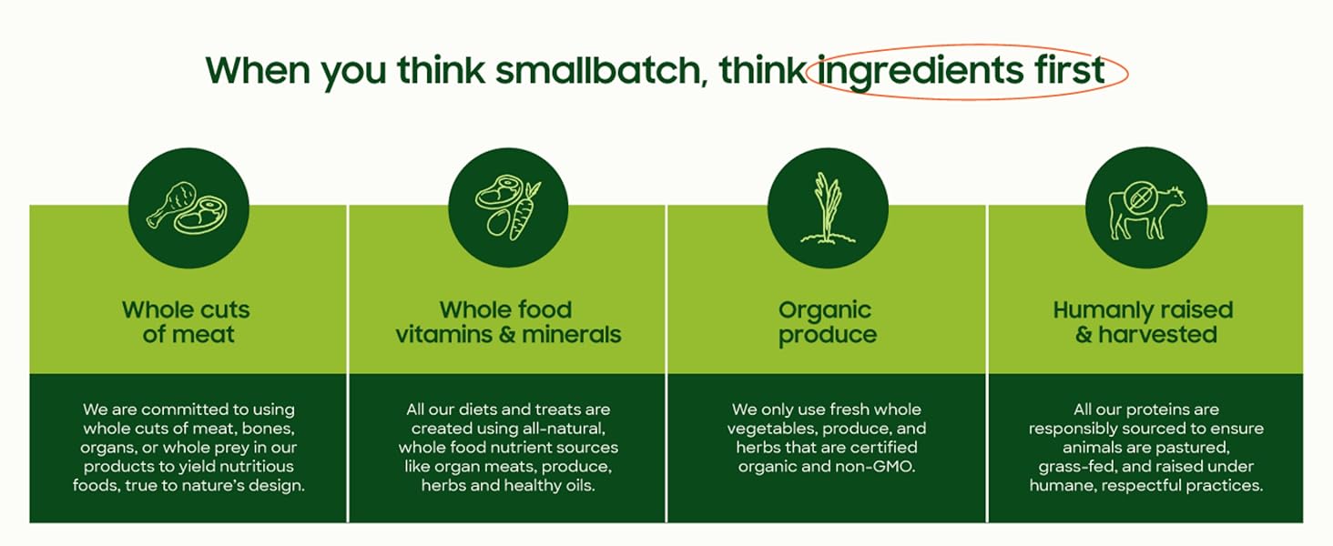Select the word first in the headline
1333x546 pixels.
coord(1068,70)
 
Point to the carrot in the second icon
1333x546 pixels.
coord(524,210)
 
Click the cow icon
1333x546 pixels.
coord(1145,210)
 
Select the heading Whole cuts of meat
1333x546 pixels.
coord(187,322)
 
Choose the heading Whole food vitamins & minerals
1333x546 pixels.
coord(508,322)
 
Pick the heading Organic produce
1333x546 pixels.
coord(827,322)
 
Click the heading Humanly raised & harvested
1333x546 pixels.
coord(1145,322)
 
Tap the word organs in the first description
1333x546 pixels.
coord(107,448)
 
